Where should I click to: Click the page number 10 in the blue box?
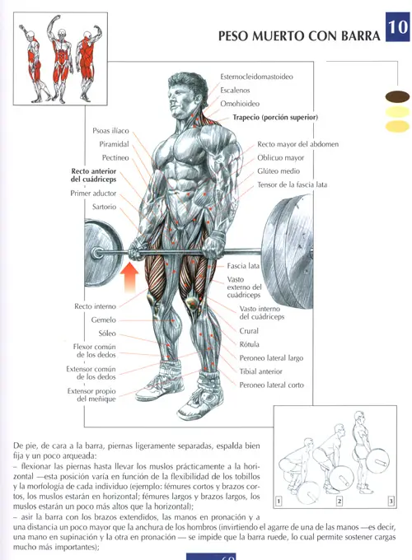point(398,26)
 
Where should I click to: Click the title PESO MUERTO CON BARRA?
point(299,36)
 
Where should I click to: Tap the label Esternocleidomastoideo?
point(256,77)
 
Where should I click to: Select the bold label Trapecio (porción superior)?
point(275,117)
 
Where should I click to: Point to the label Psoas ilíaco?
point(110,131)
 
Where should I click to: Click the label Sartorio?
point(104,207)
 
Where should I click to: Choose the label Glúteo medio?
point(279,171)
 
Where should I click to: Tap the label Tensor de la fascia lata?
point(292,184)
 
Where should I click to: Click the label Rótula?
point(250,344)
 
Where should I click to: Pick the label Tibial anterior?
point(261,371)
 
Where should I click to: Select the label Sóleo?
point(107,334)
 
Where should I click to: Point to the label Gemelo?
point(104,320)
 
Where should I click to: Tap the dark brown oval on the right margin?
point(397,96)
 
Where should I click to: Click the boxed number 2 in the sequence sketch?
point(339,501)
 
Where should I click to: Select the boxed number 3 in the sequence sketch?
point(391,501)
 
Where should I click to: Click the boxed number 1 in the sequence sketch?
point(279,501)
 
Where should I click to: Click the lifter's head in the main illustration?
point(186,95)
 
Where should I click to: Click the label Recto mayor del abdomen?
point(297,144)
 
